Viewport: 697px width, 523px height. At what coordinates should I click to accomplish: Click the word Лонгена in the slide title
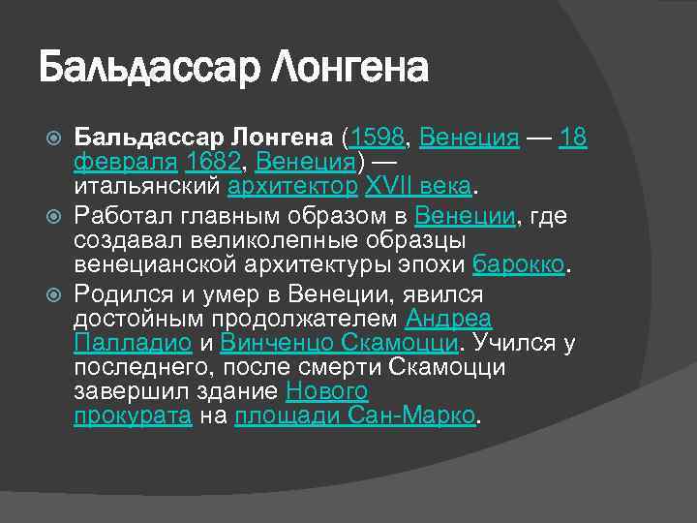point(350,69)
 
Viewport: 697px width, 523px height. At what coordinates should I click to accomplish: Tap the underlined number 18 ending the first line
point(574,138)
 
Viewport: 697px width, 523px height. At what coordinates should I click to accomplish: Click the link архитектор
point(292,186)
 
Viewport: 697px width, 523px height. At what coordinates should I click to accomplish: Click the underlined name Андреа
point(448,319)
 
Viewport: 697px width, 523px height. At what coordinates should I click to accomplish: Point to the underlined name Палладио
point(133,343)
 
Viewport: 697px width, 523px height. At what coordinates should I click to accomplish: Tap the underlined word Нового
point(327,392)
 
